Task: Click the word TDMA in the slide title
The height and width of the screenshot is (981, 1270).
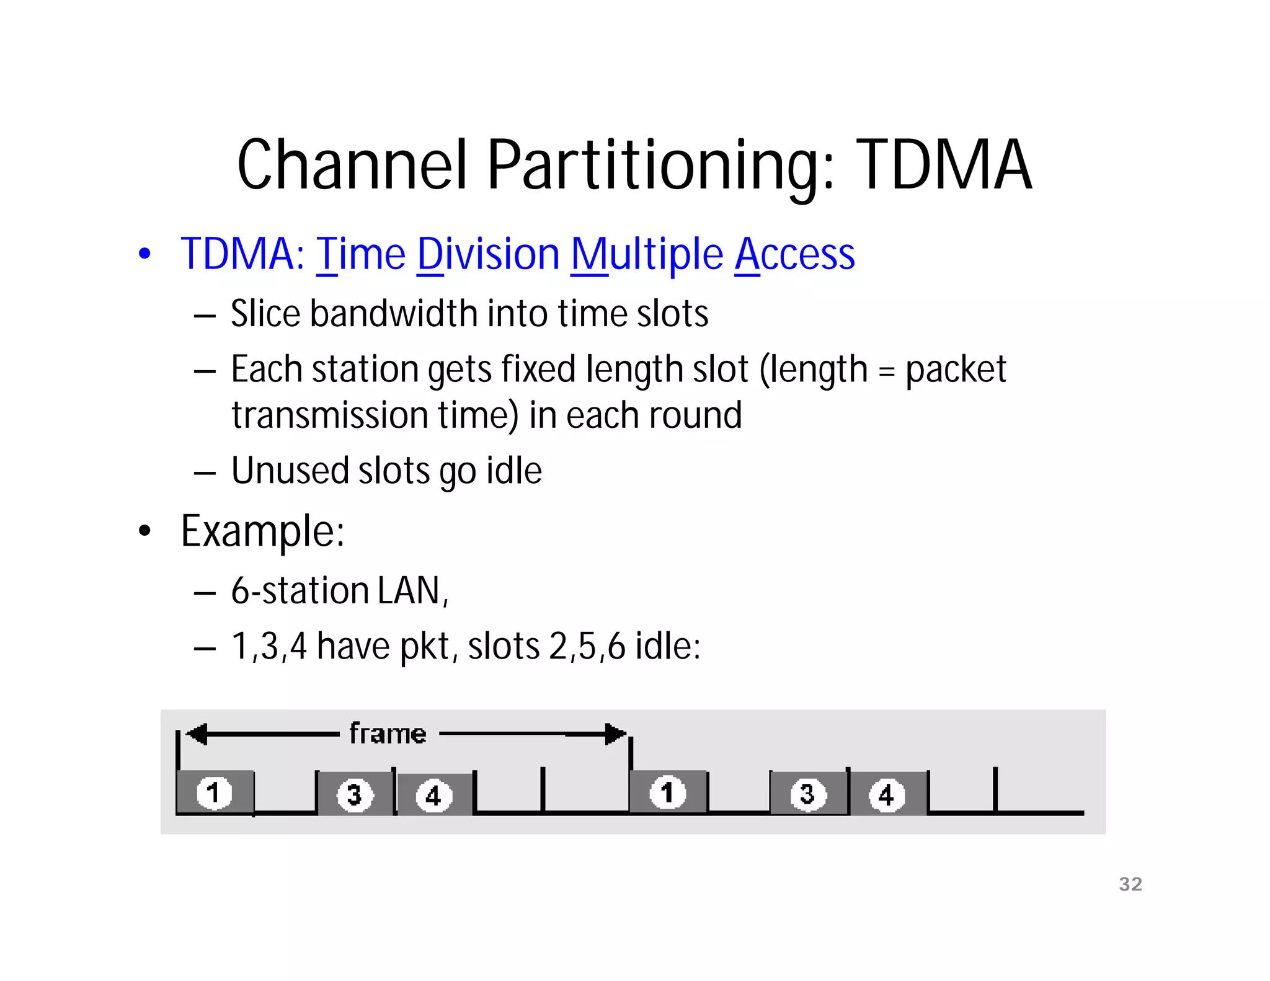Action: [944, 164]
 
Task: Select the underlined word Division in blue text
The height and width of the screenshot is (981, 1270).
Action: [488, 255]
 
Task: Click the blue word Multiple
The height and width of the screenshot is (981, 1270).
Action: [647, 255]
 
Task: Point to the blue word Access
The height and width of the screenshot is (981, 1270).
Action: [794, 255]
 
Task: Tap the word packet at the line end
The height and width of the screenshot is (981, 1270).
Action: [956, 370]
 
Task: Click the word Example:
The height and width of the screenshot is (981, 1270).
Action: [262, 531]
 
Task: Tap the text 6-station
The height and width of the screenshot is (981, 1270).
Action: [300, 590]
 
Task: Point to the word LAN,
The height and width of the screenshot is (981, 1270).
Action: [412, 590]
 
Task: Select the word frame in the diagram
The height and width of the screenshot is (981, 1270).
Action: [388, 734]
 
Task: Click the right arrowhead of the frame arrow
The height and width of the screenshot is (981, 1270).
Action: [615, 734]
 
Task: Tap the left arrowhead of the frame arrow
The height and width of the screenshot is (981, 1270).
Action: [197, 734]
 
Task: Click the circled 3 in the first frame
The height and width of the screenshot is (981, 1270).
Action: [354, 794]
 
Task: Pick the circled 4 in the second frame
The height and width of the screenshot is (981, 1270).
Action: [886, 795]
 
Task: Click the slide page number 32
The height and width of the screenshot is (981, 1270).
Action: [1130, 884]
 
